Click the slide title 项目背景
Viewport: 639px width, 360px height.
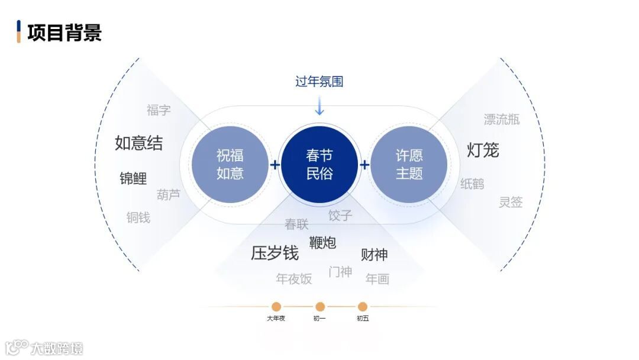pos(64,32)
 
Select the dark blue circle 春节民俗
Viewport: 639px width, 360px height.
pos(319,165)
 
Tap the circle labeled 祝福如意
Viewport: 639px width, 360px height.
pos(230,165)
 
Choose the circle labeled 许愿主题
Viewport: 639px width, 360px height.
pos(409,165)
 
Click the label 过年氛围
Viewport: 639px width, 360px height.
pos(319,81)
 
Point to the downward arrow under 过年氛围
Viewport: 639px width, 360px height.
pos(319,106)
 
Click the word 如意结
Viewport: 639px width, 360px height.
pos(138,143)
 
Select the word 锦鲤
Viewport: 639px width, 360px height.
pos(133,178)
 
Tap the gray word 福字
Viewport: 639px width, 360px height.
pos(159,110)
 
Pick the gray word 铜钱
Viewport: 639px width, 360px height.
pos(138,217)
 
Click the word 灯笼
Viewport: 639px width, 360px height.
pos(483,150)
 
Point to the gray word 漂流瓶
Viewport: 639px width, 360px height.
pos(502,120)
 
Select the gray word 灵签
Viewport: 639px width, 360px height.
pos(511,202)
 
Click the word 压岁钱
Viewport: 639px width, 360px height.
pos(275,253)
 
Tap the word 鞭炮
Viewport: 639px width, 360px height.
pos(322,242)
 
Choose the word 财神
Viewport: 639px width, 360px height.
pos(374,255)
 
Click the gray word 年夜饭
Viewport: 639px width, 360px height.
pos(293,278)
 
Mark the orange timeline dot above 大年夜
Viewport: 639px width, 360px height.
pos(276,307)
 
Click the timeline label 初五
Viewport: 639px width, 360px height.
pos(363,319)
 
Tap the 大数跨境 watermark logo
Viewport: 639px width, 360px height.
pos(44,347)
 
